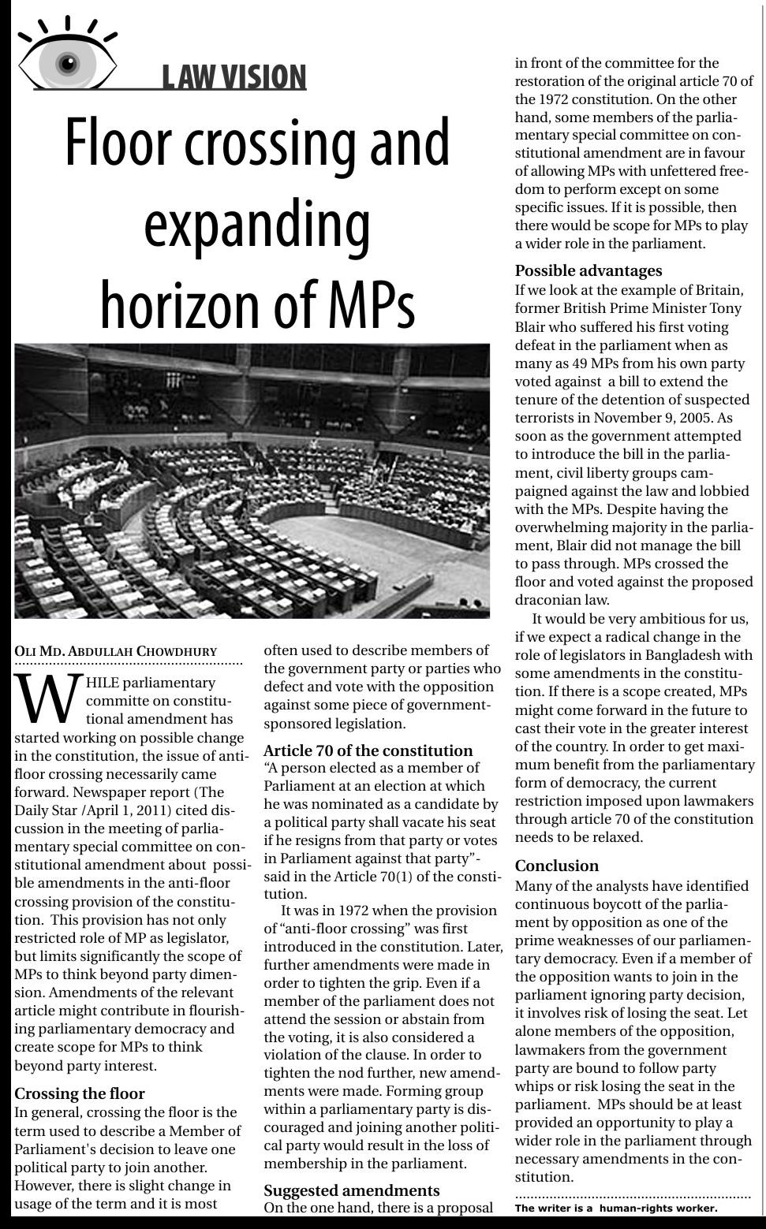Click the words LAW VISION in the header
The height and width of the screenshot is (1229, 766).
pos(234,77)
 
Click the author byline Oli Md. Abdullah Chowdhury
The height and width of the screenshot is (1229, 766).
pos(115,651)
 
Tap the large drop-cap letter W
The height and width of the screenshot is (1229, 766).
pos(47,698)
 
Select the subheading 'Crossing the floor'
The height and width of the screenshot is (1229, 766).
pos(80,1093)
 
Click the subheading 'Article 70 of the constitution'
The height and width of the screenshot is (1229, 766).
pos(368,750)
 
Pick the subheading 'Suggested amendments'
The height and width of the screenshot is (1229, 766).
pos(351,1190)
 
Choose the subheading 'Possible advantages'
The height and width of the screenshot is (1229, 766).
pos(589,270)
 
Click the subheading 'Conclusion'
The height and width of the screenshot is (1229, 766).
pos(557,866)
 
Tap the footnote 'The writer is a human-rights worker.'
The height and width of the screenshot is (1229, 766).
pos(616,1208)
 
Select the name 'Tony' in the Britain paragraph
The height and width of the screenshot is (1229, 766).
pos(725,308)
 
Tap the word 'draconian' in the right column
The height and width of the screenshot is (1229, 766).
pos(549,600)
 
